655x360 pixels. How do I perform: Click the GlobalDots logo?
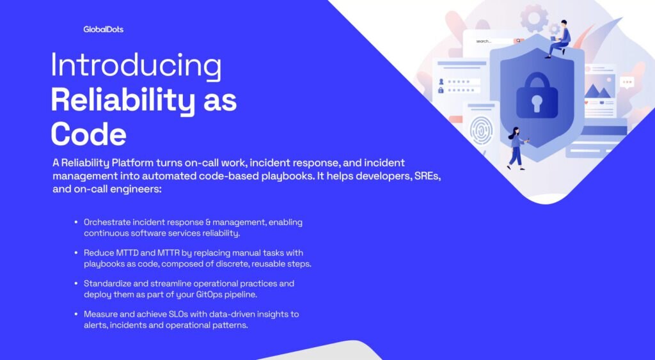(x=103, y=29)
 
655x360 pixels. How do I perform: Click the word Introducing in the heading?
(x=136, y=66)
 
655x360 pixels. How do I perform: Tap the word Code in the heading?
(x=88, y=134)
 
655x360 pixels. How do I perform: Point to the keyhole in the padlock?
(x=537, y=103)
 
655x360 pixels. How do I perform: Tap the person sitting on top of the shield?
(x=559, y=39)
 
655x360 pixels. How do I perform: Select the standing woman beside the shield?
(x=517, y=148)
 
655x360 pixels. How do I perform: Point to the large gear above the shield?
(x=534, y=18)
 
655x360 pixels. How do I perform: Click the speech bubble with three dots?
(x=627, y=82)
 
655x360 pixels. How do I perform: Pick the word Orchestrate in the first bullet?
(x=107, y=222)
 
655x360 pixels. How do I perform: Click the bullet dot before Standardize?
(x=76, y=283)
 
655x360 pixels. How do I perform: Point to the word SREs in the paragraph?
(x=427, y=176)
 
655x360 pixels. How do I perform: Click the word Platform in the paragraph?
(x=132, y=162)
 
